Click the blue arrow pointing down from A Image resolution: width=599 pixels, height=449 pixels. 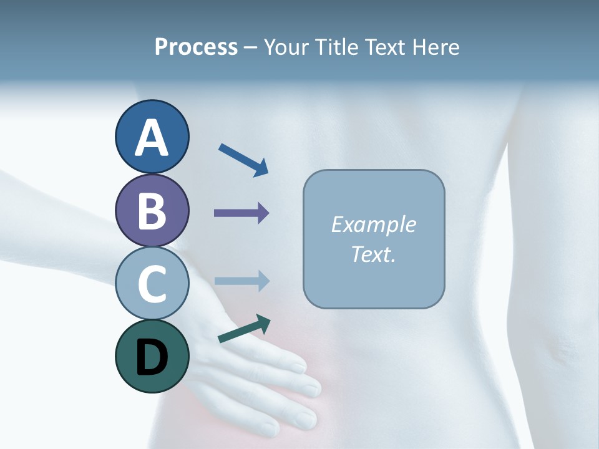click(243, 160)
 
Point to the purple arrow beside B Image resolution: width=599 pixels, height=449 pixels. click(241, 213)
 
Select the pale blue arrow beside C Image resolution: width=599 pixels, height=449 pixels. click(241, 281)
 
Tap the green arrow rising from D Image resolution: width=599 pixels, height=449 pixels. click(244, 329)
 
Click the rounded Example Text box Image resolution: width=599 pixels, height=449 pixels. click(374, 239)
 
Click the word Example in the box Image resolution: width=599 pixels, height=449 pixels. click(373, 224)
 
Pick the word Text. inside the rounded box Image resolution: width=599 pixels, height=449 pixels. click(373, 254)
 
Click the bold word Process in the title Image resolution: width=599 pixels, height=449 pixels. click(196, 47)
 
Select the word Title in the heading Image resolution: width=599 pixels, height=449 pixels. click(336, 47)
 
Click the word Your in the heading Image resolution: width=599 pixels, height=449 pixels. click(286, 47)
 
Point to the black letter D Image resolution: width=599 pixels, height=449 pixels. click(152, 358)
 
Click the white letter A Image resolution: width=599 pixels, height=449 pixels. click(152, 138)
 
